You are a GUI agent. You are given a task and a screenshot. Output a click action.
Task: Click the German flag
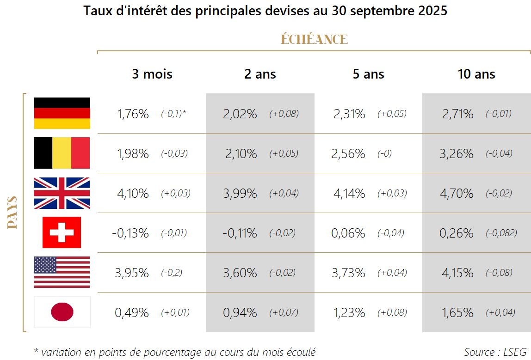tap(62, 113)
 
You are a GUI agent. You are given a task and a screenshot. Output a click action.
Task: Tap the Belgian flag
tap(62, 153)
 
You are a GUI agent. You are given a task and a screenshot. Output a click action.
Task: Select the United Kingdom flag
tap(62, 193)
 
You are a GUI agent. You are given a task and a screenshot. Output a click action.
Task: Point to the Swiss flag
tap(62, 232)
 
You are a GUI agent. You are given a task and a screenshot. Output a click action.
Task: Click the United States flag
tap(62, 273)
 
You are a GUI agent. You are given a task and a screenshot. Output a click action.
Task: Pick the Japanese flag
tap(62, 312)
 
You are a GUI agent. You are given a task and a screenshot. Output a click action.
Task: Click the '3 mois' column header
tap(152, 74)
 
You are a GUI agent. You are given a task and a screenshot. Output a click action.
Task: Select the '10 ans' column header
tap(476, 74)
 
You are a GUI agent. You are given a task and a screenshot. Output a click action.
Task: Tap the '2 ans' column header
tap(260, 74)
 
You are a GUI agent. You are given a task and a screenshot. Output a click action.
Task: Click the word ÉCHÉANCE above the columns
tap(314, 40)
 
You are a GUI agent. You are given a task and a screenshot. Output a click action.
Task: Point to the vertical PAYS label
tap(12, 213)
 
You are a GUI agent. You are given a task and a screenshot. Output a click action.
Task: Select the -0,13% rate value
tap(130, 233)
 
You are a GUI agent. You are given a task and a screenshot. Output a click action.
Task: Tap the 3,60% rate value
tap(240, 273)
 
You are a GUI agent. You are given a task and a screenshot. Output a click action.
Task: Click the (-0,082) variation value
tap(501, 233)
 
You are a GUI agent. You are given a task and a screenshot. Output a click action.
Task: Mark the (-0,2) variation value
tap(172, 273)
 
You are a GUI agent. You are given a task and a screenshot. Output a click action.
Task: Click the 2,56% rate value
tap(348, 154)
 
